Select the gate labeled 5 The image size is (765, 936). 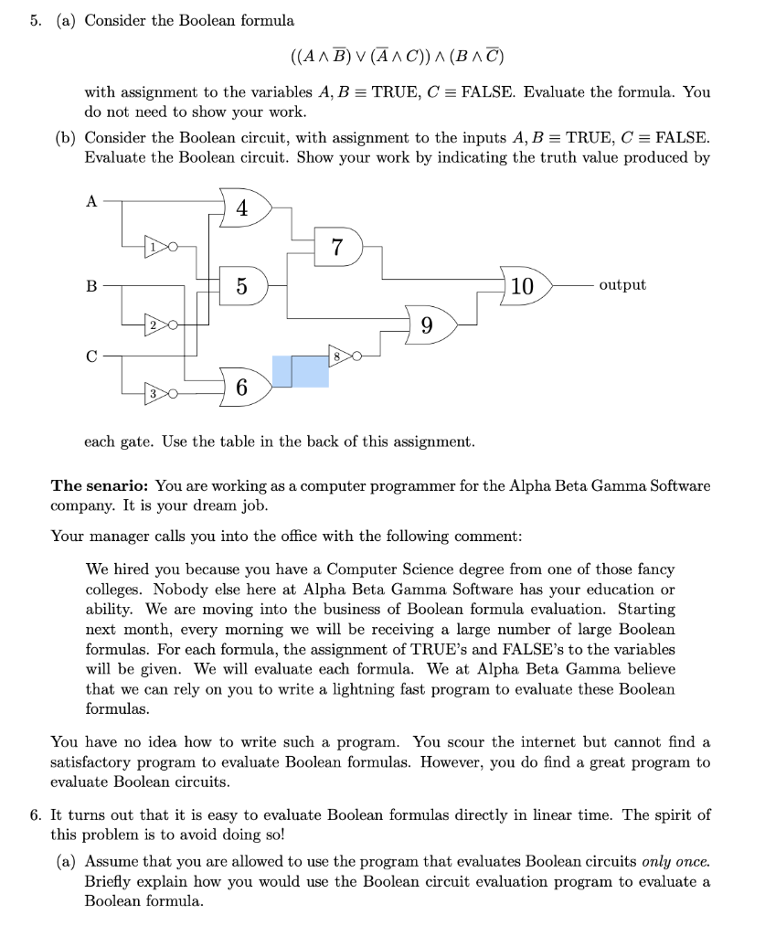241,286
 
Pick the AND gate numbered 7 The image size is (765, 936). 337,247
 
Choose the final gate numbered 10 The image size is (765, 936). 523,285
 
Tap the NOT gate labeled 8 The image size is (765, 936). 338,356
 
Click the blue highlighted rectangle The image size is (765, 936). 301,370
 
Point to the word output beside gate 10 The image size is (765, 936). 622,285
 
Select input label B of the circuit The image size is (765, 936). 90,286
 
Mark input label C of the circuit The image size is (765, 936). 90,356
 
